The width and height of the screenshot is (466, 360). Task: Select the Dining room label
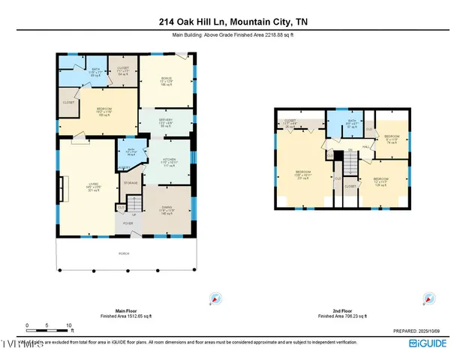pyautogui.click(x=167, y=211)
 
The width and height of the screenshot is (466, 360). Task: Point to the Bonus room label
pyautogui.click(x=167, y=81)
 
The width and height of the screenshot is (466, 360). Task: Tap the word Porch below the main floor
pyautogui.click(x=125, y=253)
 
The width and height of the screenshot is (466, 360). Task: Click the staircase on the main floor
pyautogui.click(x=132, y=204)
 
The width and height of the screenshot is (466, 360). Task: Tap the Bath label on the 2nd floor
pyautogui.click(x=352, y=123)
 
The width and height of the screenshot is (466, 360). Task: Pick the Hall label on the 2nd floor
pyautogui.click(x=367, y=147)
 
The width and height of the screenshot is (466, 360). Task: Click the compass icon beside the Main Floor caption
pyautogui.click(x=215, y=299)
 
